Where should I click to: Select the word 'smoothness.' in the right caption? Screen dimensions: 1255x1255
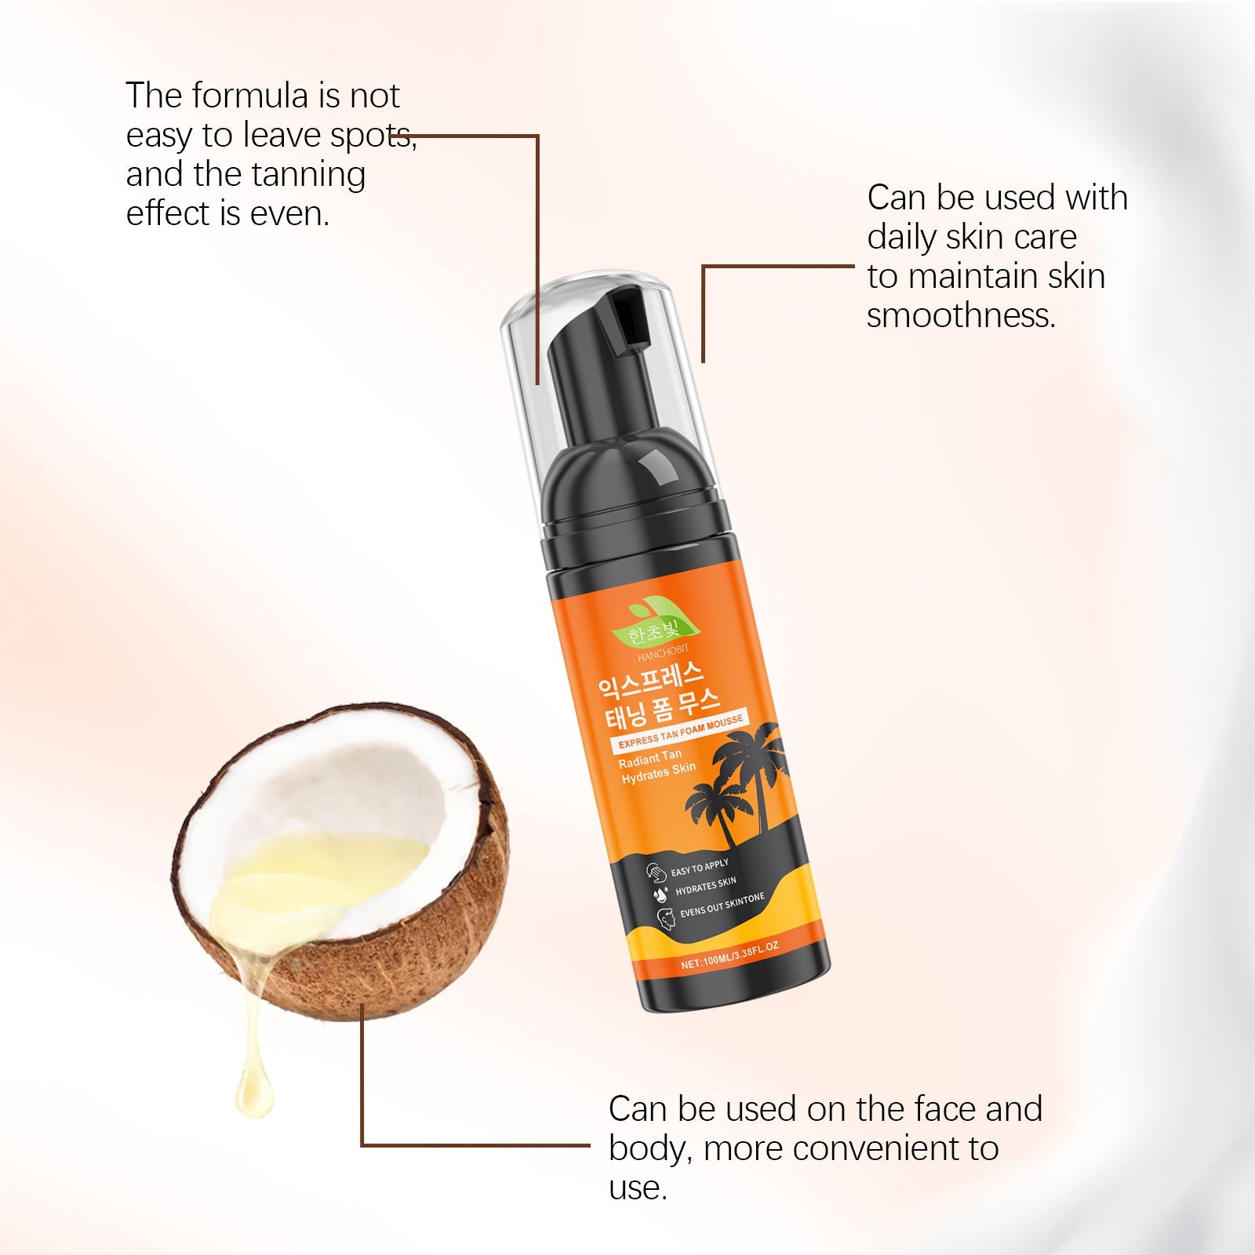click(962, 315)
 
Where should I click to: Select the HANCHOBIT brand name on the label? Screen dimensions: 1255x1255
click(663, 653)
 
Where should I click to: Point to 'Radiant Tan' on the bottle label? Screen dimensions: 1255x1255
click(650, 758)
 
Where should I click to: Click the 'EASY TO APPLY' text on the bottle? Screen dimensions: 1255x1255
click(700, 868)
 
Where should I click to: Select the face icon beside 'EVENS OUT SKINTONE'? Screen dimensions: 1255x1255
click(665, 917)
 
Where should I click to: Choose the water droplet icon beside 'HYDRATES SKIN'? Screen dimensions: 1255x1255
click(660, 893)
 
